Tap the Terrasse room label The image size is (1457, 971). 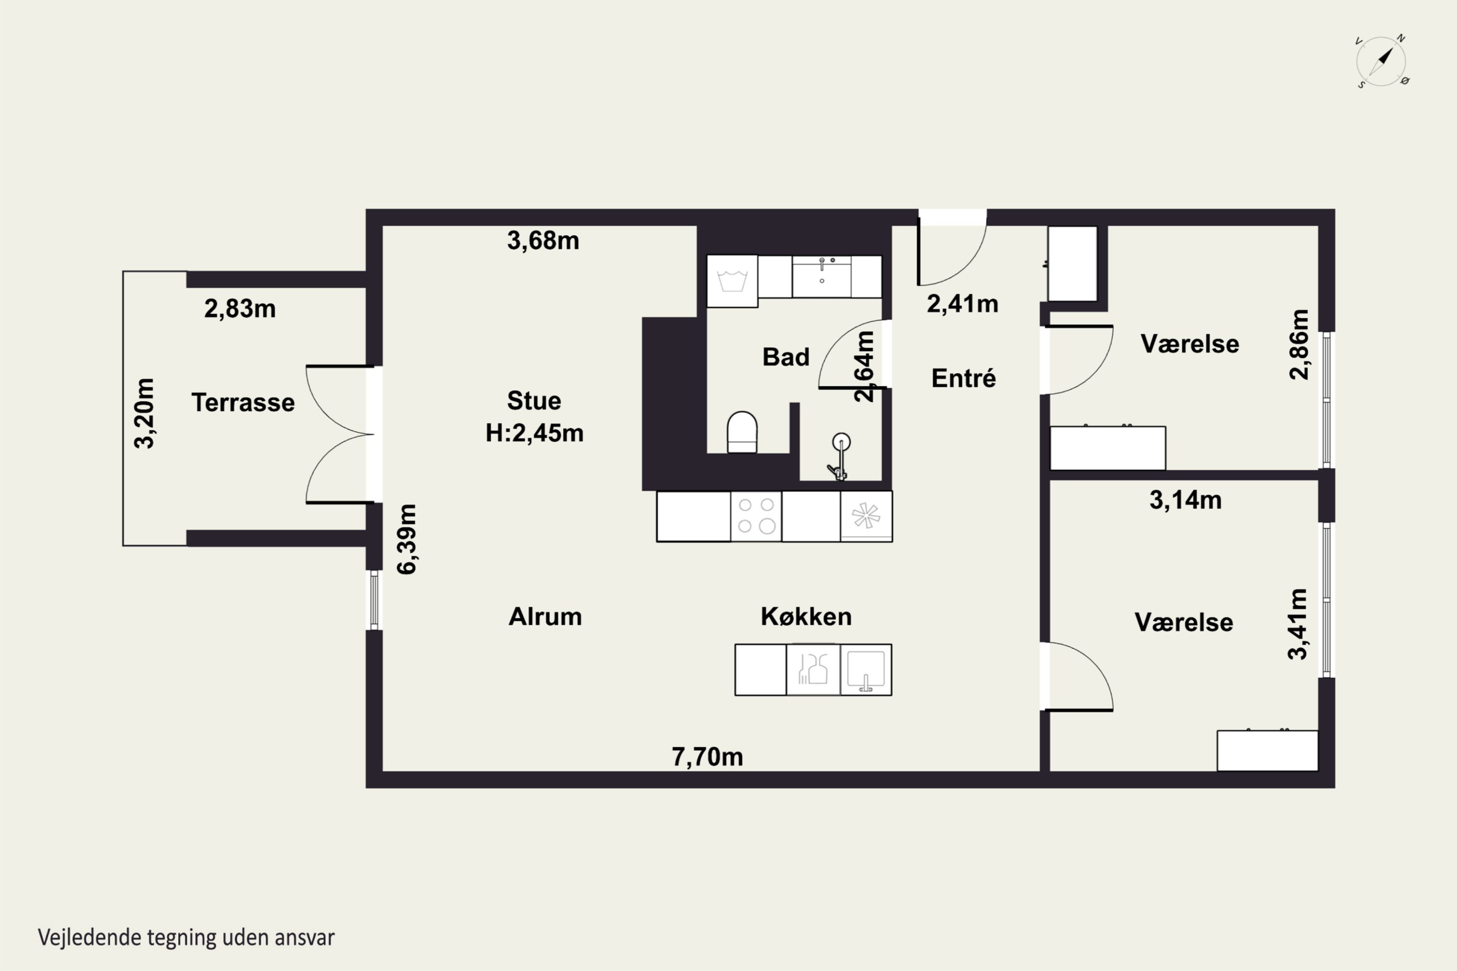tap(243, 402)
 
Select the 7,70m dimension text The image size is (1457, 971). tap(708, 757)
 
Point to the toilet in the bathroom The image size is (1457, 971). tap(742, 432)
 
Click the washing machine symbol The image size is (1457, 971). tap(732, 281)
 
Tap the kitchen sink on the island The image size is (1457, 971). tap(866, 670)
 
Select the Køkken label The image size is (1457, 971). tap(806, 617)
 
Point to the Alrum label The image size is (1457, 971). tap(545, 617)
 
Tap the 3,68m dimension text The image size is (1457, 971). tap(543, 240)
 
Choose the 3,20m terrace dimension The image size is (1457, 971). tap(144, 413)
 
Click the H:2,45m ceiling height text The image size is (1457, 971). tap(535, 433)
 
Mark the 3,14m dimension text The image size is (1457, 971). tap(1186, 500)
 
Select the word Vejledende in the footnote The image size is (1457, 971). tap(90, 938)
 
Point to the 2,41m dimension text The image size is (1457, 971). tap(963, 304)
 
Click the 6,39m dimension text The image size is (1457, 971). tap(407, 539)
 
